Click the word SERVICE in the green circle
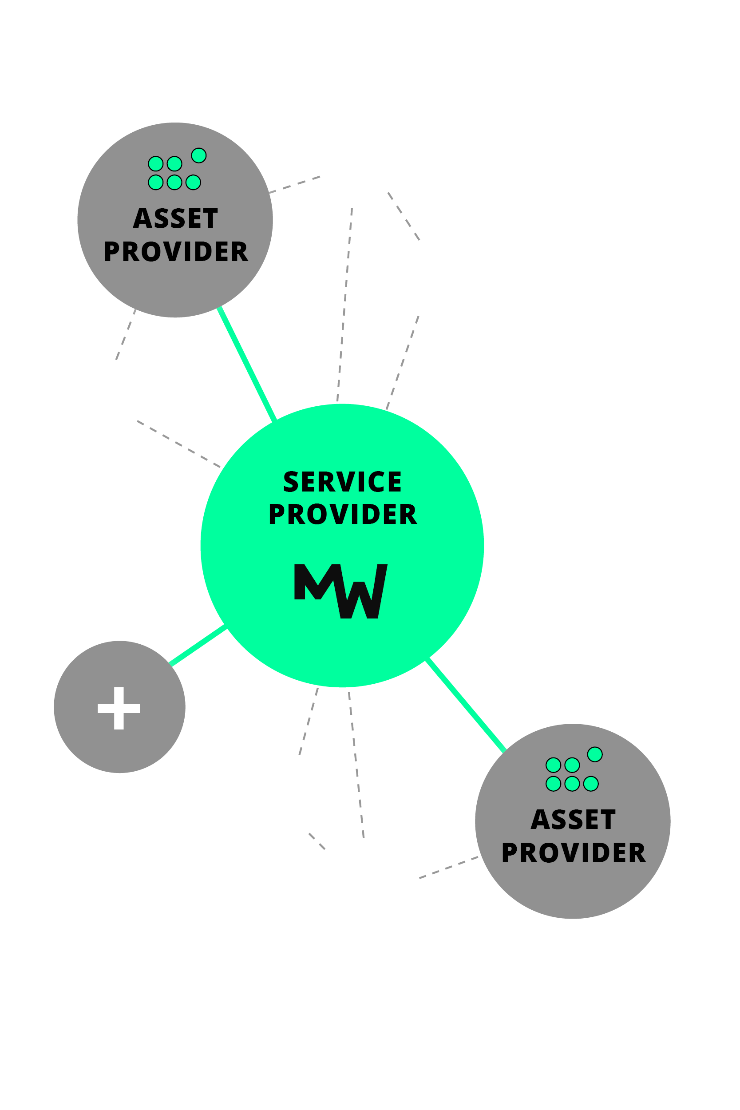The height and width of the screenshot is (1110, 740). pyautogui.click(x=342, y=481)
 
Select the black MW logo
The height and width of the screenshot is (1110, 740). pyautogui.click(x=341, y=591)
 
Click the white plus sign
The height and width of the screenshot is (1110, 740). pyautogui.click(x=119, y=708)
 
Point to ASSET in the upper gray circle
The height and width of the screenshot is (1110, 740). pyautogui.click(x=175, y=218)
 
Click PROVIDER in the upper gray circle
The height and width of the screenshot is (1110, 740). pyautogui.click(x=175, y=251)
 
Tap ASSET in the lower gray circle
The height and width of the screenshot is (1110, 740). pyautogui.click(x=573, y=819)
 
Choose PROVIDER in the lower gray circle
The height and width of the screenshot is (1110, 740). pyautogui.click(x=574, y=852)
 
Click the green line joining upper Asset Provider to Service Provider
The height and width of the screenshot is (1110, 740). pyautogui.click(x=247, y=364)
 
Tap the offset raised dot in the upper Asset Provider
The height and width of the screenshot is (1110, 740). pyautogui.click(x=199, y=155)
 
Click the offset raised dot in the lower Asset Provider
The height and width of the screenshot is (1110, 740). pyautogui.click(x=595, y=754)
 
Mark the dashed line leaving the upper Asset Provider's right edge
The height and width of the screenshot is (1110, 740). pyautogui.click(x=295, y=185)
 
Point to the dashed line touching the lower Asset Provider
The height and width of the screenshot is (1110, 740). pyautogui.click(x=448, y=868)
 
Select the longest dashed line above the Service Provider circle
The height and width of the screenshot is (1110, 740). pyautogui.click(x=345, y=305)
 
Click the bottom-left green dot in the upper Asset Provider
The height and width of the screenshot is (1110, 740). pyautogui.click(x=156, y=182)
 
